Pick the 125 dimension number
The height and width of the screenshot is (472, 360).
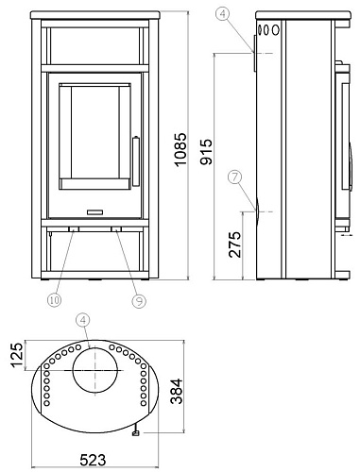14,358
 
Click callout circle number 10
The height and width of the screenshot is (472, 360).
54,300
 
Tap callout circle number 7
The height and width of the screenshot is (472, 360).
236,176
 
